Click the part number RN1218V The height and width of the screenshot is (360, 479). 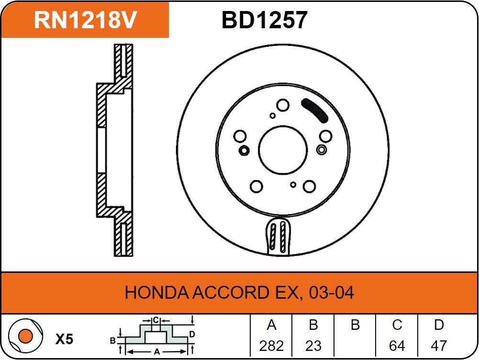(86, 20)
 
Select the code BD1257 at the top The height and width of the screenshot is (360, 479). (264, 20)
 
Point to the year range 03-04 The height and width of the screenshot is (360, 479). (332, 292)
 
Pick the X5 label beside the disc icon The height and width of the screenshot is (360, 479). (64, 339)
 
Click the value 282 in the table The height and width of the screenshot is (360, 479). (271, 346)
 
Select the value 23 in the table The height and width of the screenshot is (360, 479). (313, 346)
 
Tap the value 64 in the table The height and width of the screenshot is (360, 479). (397, 346)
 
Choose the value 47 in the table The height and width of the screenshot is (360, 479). (439, 346)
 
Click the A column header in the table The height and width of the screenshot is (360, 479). (271, 325)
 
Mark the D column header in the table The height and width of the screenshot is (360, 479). (439, 325)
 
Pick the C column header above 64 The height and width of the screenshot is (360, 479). (397, 325)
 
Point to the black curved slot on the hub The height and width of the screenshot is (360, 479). (313, 110)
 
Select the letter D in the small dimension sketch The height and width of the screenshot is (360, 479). (192, 334)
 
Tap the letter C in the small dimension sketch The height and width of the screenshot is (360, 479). (156, 320)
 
